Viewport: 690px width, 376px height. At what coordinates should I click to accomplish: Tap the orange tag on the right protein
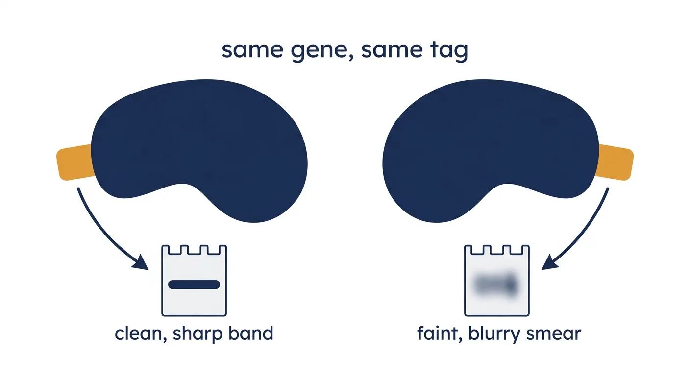(x=614, y=162)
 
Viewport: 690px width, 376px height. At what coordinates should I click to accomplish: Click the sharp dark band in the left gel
(x=194, y=284)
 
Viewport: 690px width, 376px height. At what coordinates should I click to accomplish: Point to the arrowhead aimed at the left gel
(x=141, y=263)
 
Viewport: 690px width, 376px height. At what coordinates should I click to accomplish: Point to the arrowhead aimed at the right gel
(x=549, y=263)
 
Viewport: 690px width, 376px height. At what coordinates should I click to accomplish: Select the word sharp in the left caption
(x=197, y=334)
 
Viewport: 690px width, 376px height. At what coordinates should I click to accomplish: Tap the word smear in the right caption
(x=554, y=334)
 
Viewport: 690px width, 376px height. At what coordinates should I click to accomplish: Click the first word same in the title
(x=252, y=50)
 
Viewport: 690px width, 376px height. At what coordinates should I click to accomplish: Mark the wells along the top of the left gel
(x=194, y=250)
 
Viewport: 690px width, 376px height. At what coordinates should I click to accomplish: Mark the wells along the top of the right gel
(x=496, y=250)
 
